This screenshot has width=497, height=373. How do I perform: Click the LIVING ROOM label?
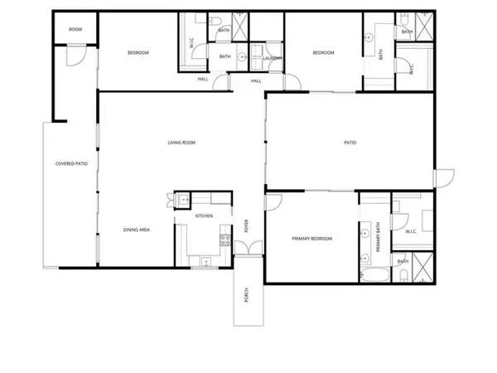coord(181,143)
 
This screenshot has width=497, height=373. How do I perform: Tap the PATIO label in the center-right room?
coord(350,143)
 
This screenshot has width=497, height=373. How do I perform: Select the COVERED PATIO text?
coord(71,163)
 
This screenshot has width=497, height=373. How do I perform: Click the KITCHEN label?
coord(204,216)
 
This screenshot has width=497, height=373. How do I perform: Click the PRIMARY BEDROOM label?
coord(311,239)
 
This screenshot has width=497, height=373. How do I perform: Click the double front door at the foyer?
coord(246,248)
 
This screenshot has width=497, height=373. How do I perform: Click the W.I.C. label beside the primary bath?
coord(410,232)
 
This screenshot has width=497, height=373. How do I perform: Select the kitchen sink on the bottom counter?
coord(202,262)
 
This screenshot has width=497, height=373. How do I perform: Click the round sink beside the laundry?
coord(242,57)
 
